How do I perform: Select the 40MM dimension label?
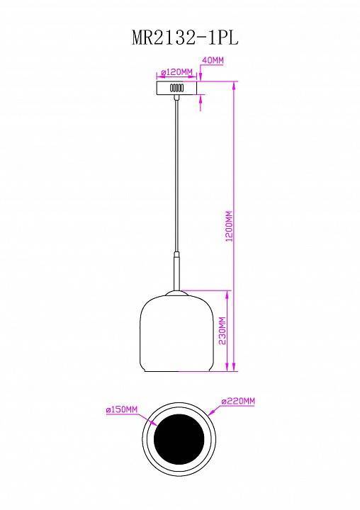[x=213, y=61]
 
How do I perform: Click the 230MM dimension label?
[x=222, y=331]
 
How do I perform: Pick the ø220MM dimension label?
[x=238, y=402]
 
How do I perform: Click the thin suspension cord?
[x=175, y=177]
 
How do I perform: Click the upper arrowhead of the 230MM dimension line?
[x=228, y=293]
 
